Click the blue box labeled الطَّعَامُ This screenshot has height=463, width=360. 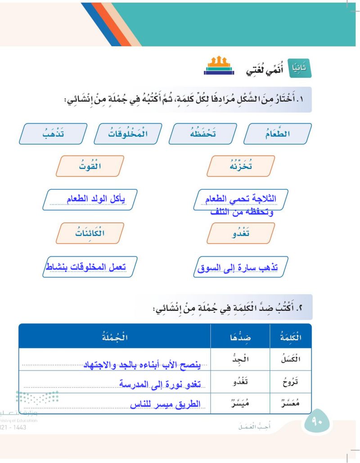[x=278, y=134]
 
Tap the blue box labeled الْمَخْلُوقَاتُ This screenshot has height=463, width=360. [x=129, y=134]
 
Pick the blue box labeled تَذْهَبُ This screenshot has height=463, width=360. [x=54, y=134]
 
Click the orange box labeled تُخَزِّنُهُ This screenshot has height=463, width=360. [x=241, y=166]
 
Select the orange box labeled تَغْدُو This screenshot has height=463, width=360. [x=241, y=233]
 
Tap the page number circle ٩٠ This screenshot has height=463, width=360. [x=317, y=422]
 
